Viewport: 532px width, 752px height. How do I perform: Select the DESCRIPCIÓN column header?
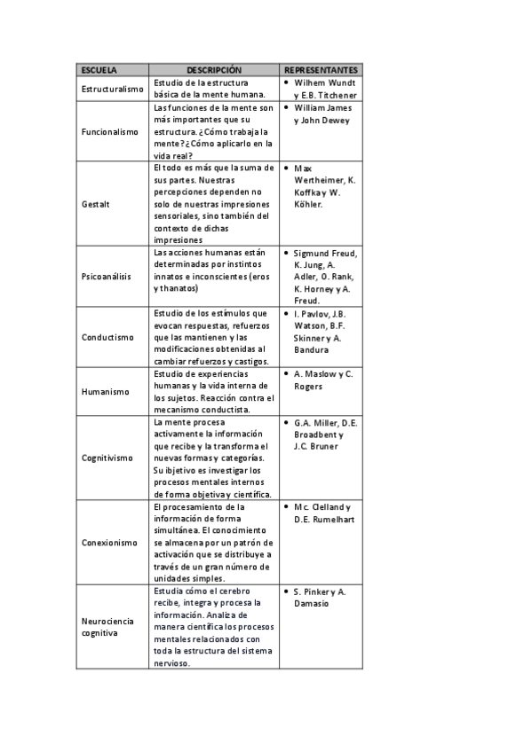(x=214, y=69)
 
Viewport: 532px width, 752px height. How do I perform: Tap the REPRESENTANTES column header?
(x=321, y=69)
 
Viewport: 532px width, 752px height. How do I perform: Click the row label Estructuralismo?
(x=112, y=89)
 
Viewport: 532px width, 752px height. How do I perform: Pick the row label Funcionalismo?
(x=110, y=131)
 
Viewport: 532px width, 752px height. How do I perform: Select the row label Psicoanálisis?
(x=107, y=276)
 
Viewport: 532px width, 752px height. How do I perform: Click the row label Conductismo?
(x=107, y=337)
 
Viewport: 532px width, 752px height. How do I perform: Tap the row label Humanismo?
(x=105, y=391)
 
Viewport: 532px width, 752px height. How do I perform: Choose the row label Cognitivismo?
(x=108, y=458)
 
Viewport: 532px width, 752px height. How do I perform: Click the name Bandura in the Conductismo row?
(x=311, y=349)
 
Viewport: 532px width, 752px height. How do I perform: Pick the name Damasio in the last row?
(x=312, y=603)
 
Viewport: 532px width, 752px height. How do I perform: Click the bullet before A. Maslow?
(x=285, y=373)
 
